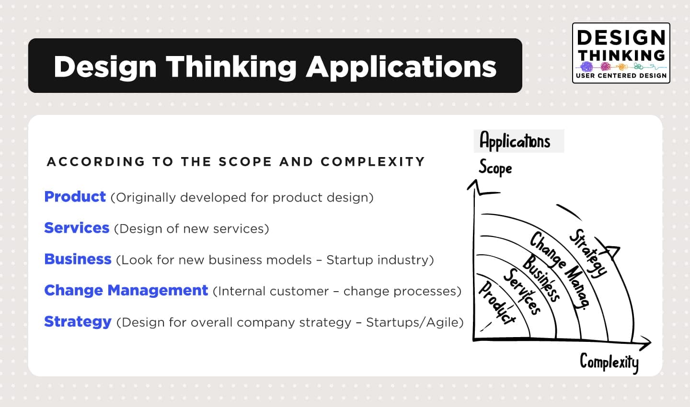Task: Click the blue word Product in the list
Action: pos(75,197)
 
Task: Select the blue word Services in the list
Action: pos(77,228)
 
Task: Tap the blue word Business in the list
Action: pos(78,259)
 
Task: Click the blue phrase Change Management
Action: pos(126,290)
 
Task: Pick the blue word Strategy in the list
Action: pos(78,321)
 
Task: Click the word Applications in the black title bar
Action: pos(401,66)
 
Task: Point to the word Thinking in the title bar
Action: pos(231,66)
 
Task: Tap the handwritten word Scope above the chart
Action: pos(495,168)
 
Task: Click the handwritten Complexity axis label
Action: pos(609,362)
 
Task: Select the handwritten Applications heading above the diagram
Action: pos(515,141)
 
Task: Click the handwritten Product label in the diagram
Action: pos(497,303)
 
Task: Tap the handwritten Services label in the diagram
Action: pos(522,291)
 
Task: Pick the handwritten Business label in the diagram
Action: pos(541,278)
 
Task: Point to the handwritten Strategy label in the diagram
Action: pos(587,253)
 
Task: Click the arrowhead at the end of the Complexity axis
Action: pos(646,343)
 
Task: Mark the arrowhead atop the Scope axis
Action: pos(474,185)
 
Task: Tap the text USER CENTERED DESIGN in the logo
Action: pos(621,76)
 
